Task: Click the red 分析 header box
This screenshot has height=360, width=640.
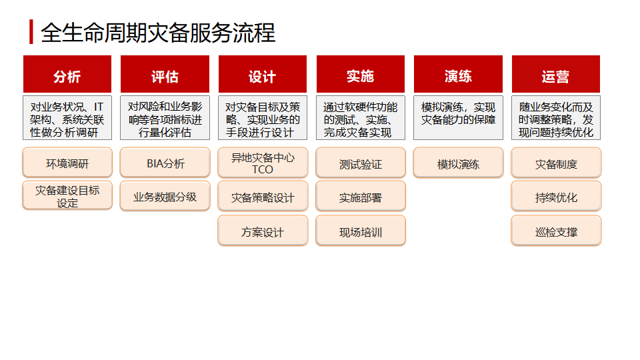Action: pos(67,74)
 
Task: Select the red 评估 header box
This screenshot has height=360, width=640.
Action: pos(165,74)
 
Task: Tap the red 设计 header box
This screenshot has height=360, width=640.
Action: pos(263,74)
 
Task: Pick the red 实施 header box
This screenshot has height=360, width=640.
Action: pos(361,74)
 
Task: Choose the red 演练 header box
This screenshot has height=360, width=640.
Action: pos(458,74)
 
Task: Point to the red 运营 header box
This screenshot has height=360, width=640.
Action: pos(556,74)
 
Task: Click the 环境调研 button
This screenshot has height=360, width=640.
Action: pos(67,163)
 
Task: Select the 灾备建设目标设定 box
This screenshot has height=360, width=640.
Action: pos(67,196)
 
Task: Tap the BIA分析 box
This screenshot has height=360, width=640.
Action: pos(165,163)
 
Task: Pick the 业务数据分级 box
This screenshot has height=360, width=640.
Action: pos(165,196)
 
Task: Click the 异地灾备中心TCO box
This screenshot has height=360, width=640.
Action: pos(263,163)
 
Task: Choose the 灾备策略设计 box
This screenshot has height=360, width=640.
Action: pos(263,197)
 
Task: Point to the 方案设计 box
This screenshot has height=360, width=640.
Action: pos(263,231)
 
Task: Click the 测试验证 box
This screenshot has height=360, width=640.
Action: pos(361,163)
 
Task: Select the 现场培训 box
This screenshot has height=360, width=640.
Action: pos(361,231)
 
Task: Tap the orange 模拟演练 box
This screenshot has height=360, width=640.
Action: pos(459,163)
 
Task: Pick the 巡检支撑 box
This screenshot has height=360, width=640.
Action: pos(556,231)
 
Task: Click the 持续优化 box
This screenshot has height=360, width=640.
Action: pos(556,197)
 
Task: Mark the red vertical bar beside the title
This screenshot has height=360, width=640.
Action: pos(31,31)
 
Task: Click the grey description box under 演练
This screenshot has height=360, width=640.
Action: pos(458,118)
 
